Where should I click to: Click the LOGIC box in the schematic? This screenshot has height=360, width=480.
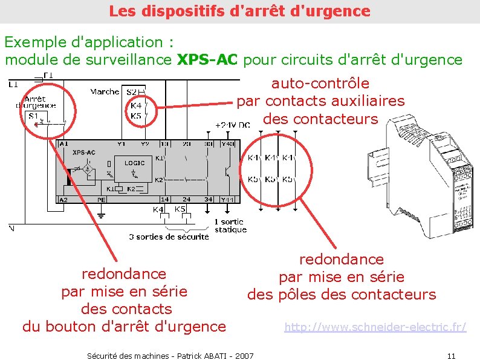[134, 163]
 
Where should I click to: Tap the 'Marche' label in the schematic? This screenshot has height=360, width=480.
[105, 92]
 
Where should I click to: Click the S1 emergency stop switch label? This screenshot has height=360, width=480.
[33, 115]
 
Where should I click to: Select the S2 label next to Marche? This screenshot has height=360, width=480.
[131, 92]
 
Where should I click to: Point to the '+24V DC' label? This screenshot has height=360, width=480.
[233, 125]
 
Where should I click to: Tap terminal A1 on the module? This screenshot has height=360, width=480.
[63, 144]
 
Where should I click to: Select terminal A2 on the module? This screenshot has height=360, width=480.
[63, 199]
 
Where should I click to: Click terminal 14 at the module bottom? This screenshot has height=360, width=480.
[164, 199]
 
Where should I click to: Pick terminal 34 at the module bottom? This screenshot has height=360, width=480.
[208, 199]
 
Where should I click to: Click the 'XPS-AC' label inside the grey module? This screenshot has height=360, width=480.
[83, 152]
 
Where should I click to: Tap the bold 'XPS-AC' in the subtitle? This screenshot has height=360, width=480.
[208, 60]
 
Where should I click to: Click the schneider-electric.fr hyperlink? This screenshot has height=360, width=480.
[375, 327]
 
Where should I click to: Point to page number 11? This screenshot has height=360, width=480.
[450, 355]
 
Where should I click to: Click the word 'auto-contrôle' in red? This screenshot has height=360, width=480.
[320, 83]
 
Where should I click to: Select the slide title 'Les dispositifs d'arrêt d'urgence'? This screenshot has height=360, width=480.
[239, 11]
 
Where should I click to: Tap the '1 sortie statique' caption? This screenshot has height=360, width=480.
[230, 226]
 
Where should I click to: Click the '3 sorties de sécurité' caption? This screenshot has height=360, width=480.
[169, 237]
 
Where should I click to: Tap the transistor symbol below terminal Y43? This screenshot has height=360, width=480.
[228, 171]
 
